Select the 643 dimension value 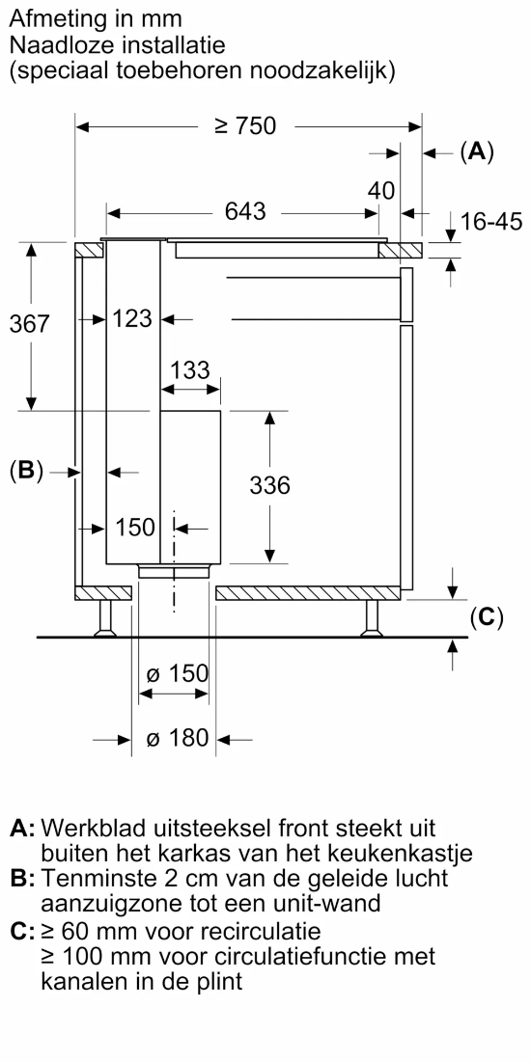pos(245,211)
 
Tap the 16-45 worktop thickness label pos(491,222)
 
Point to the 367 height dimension pos(30,324)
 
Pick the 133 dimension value pos(189,370)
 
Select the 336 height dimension pos(270,485)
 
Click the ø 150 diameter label pos(177,674)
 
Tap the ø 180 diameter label pos(177,738)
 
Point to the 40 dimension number pos(381,191)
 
